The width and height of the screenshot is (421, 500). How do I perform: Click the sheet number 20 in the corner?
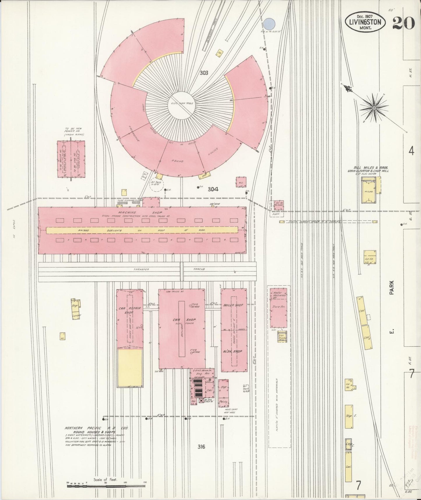(403, 22)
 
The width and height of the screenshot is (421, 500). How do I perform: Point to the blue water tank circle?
(270, 23)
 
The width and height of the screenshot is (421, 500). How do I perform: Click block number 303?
(204, 73)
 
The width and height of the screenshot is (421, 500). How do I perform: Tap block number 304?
(213, 189)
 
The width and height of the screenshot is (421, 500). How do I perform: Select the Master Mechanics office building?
(278, 308)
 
